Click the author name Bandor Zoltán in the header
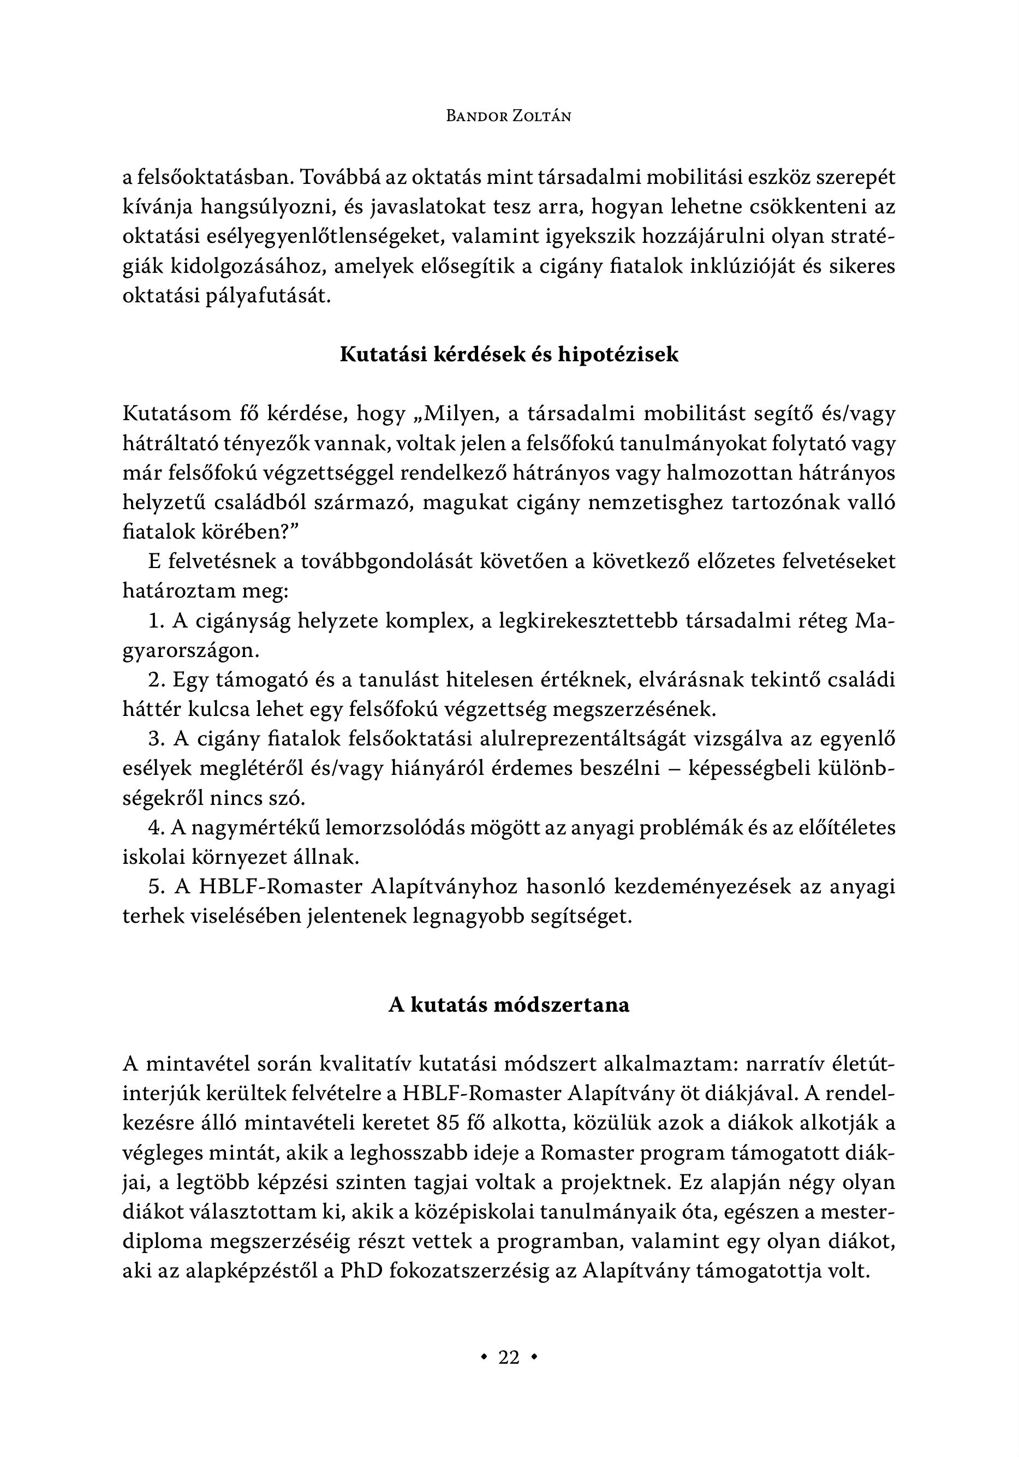[x=509, y=116]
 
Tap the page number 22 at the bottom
[x=509, y=1357]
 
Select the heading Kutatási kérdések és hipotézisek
[x=509, y=354]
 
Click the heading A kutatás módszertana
[x=509, y=1005]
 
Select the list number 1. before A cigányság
[x=156, y=620]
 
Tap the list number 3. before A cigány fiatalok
[x=157, y=739]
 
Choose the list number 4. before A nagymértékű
[x=157, y=827]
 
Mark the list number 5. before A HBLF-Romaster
[x=157, y=887]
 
